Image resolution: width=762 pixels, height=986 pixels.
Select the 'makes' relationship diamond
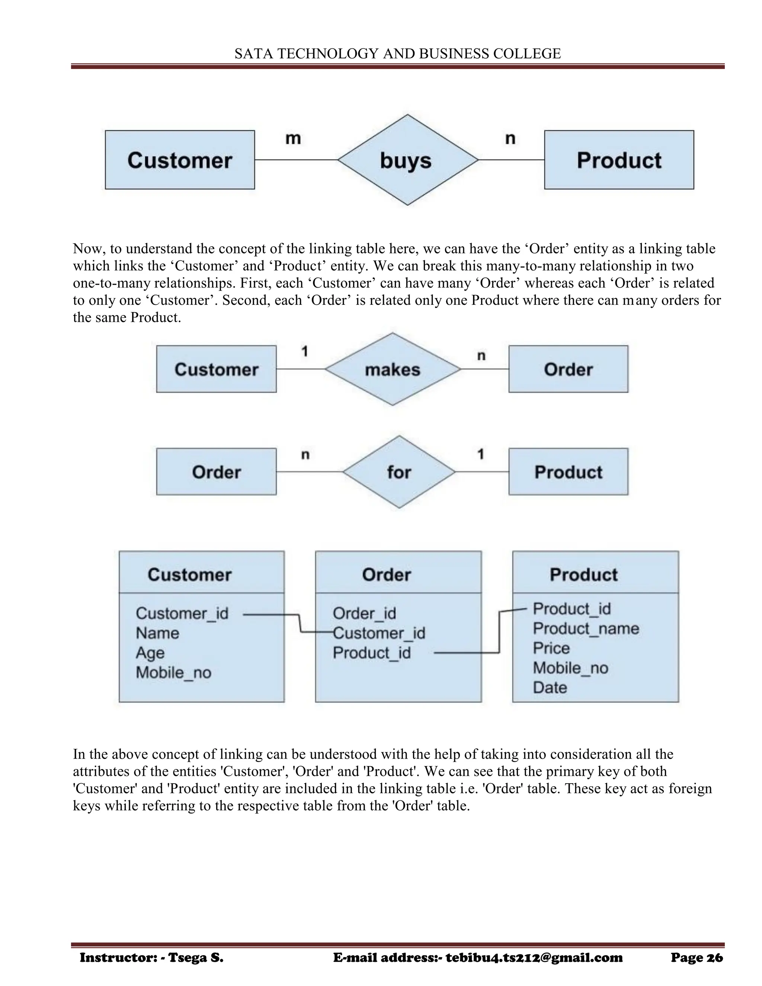pos(392,369)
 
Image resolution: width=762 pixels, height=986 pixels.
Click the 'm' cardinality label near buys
pos(293,138)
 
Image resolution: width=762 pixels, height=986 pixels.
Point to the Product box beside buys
pos(618,160)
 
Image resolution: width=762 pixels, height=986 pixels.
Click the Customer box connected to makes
pos(216,369)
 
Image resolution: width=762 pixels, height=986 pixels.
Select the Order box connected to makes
pos(568,369)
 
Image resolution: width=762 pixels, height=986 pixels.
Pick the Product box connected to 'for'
pos(568,472)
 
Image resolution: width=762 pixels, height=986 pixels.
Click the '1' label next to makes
pos(305,351)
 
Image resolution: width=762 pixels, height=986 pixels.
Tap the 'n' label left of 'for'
pos(305,454)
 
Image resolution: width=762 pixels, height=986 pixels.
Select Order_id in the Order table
pos(364,613)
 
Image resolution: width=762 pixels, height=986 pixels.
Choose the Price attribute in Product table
pos(551,648)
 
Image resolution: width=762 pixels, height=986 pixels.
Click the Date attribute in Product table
pos(550,687)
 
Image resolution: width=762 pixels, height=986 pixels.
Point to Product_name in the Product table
pos(586,628)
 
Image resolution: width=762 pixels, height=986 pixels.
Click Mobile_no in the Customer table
pos(173,672)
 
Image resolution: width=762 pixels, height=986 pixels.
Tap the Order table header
pos(387,574)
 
